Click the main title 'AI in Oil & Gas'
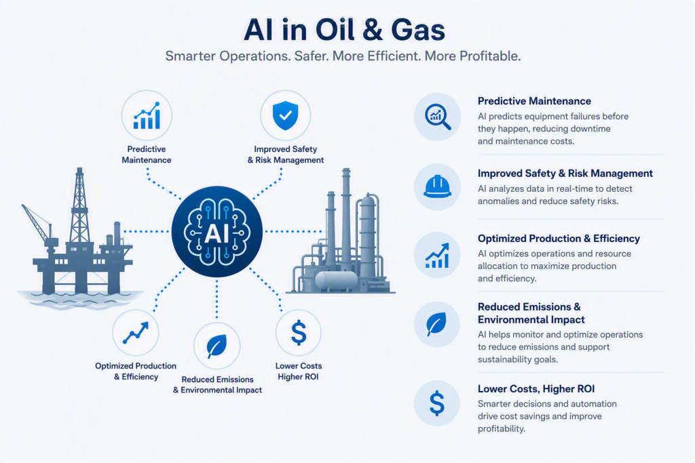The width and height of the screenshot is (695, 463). (344, 30)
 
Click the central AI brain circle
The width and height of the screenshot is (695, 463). (217, 232)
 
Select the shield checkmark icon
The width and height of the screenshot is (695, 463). (286, 115)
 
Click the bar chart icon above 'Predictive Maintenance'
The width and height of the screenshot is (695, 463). (147, 115)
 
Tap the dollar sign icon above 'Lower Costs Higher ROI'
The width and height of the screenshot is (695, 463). (299, 332)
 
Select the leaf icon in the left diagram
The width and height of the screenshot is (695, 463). (217, 346)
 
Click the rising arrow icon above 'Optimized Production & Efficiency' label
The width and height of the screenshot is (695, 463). (136, 333)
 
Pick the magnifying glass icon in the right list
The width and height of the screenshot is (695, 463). (438, 117)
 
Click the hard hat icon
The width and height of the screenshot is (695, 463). (438, 186)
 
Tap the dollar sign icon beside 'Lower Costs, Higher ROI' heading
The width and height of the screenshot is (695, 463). (437, 403)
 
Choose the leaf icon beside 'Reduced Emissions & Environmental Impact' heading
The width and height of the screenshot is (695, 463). (436, 325)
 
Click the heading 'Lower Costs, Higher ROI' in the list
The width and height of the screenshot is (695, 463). (536, 389)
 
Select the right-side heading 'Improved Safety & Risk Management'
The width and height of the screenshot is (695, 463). (565, 174)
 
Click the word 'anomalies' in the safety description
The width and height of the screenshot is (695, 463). (498, 201)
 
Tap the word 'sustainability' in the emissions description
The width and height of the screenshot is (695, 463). (505, 359)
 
